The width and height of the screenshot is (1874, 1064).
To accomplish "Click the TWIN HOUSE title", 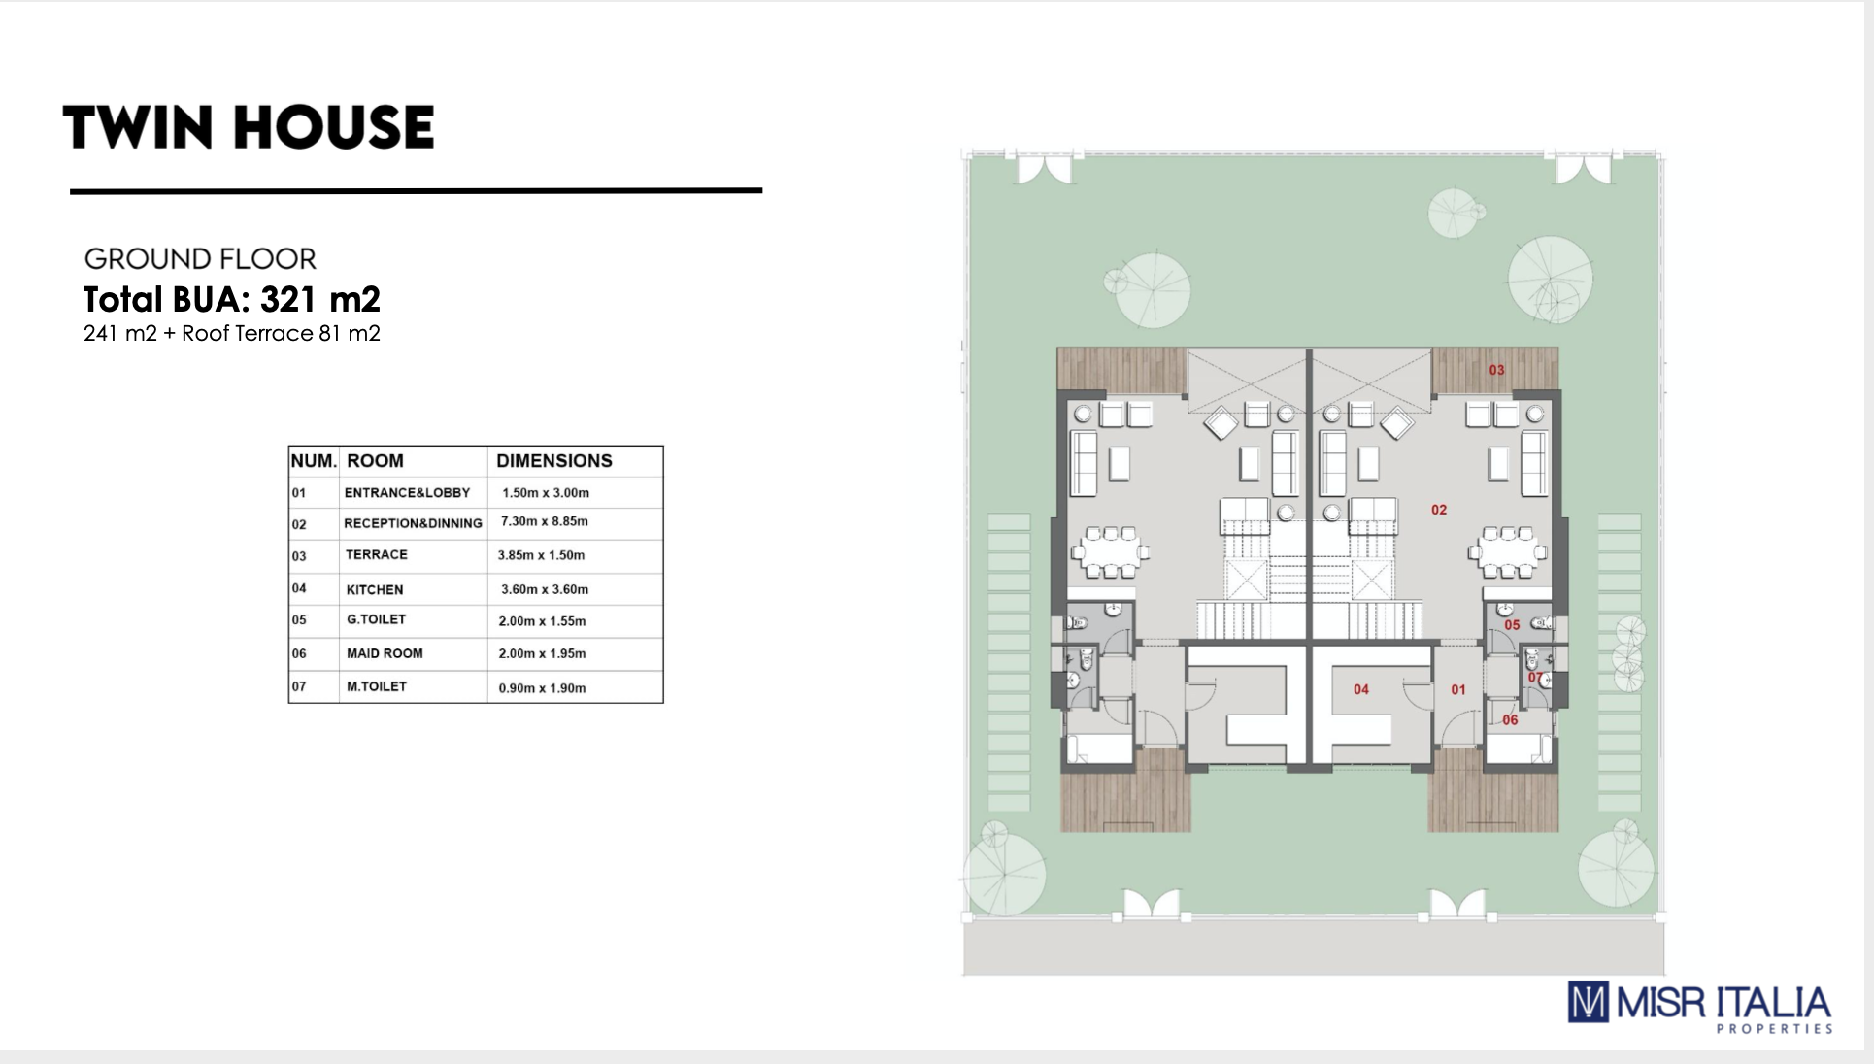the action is pos(249,127).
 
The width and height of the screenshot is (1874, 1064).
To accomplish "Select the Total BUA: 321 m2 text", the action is pos(232,299).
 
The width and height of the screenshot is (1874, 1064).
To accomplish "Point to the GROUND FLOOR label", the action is pos(200,259).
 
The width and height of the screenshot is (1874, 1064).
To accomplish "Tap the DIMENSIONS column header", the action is pos(554,461).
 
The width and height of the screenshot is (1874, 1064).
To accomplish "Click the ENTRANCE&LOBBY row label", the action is pos(407,493).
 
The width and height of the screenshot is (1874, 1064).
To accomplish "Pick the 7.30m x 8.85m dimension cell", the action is pos(545,521).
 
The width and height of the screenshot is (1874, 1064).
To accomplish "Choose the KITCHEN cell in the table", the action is pos(375,589).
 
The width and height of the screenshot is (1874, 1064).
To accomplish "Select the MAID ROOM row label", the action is pos(385,653).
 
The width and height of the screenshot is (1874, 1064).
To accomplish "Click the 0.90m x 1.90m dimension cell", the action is pos(542,688).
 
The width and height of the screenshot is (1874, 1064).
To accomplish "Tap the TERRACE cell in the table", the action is pos(377,554).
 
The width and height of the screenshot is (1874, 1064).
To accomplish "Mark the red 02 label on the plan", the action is pos(1439,510).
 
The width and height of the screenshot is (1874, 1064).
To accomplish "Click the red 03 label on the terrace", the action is pos(1496,370).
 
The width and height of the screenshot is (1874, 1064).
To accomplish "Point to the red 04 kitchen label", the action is pos(1361,689).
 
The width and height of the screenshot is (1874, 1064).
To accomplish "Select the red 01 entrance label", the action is pos(1458,689).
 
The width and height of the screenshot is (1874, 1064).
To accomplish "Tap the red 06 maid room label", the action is pos(1510,720).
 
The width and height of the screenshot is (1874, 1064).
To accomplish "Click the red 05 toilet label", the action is pos(1512,625).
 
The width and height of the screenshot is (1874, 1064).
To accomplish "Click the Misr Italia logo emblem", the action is pos(1589,1002).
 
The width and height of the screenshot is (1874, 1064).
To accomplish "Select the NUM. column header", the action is pos(314,461).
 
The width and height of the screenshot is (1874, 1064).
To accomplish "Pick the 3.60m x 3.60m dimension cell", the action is pos(545,589).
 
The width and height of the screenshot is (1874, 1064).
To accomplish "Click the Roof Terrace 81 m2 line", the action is pos(232,334).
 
